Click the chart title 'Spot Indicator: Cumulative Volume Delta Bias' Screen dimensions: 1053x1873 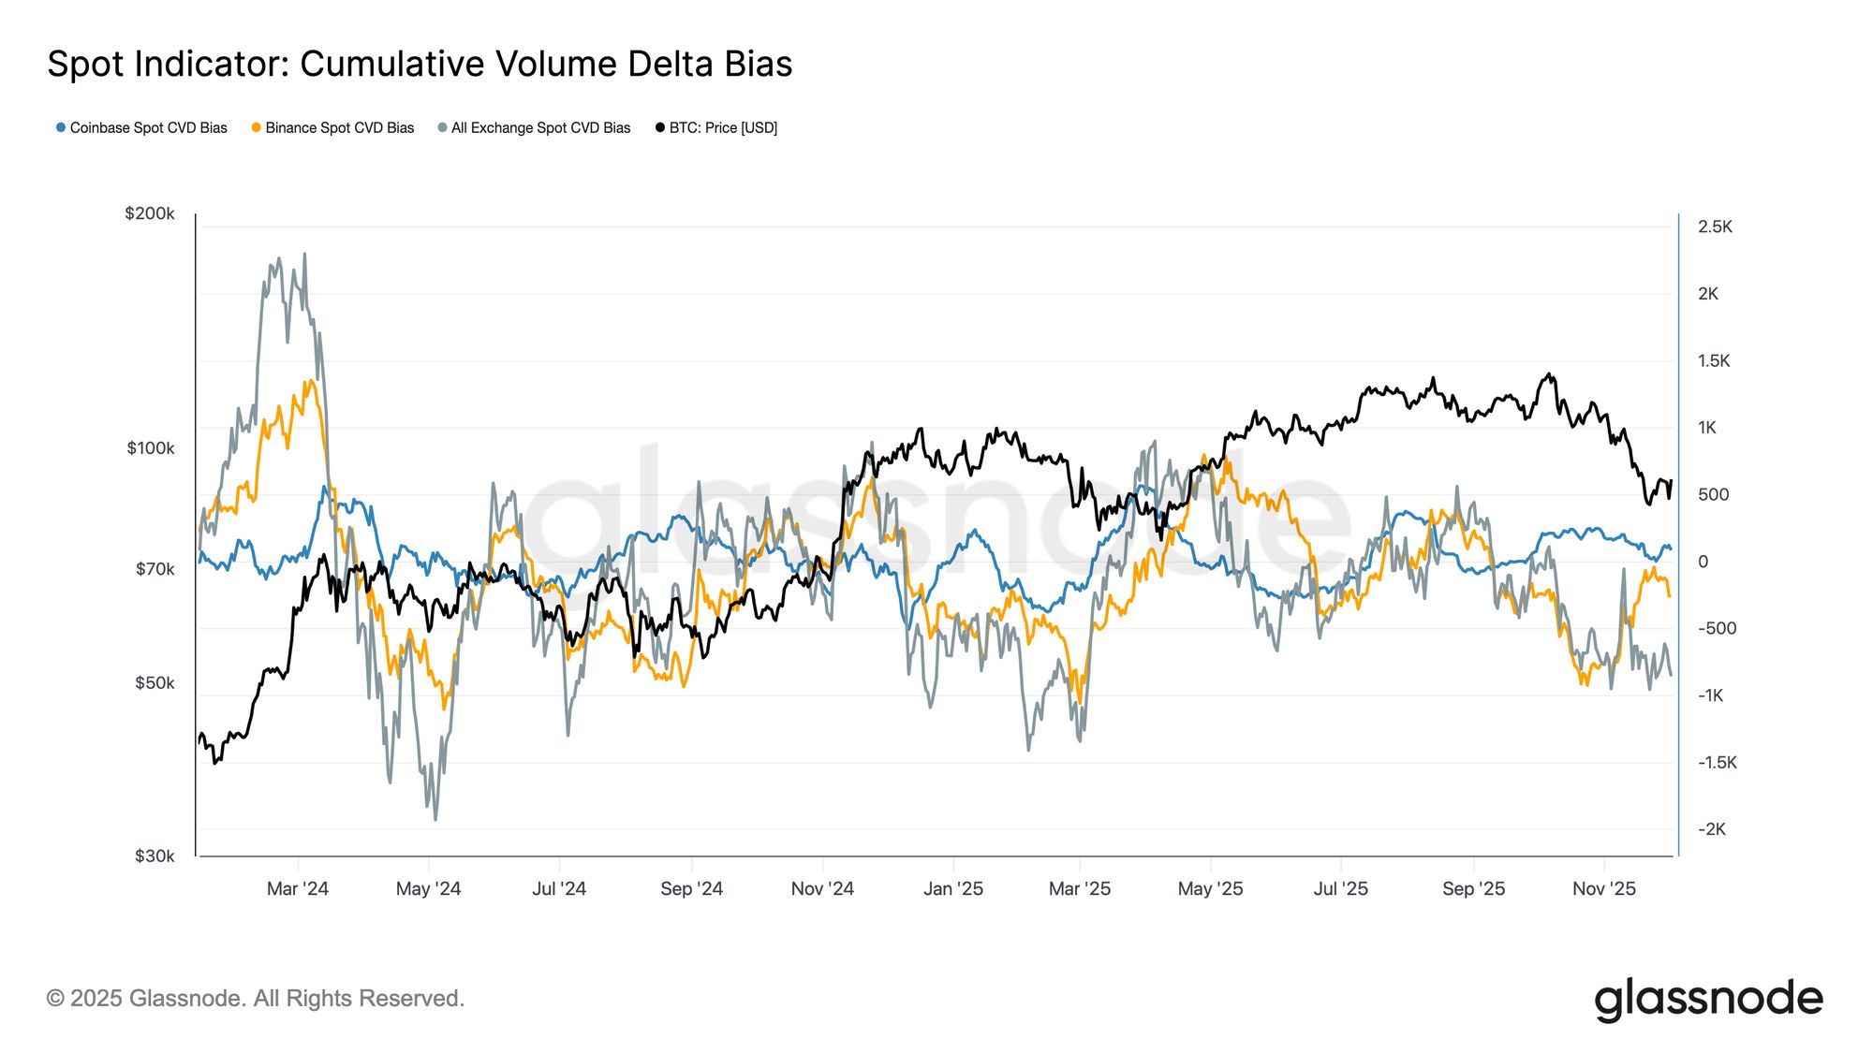click(420, 65)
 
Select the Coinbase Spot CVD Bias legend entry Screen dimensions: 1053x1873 click(141, 128)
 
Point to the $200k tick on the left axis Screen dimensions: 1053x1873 click(150, 213)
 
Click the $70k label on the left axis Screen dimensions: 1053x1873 click(155, 569)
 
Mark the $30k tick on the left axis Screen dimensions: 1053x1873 click(155, 856)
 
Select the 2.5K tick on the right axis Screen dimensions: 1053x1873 click(1715, 227)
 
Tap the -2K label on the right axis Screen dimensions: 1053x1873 click(1711, 829)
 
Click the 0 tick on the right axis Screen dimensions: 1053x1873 click(1703, 562)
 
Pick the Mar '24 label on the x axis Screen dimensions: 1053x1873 click(298, 888)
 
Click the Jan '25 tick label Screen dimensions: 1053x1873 click(953, 888)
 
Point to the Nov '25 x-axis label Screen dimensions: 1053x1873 click(1603, 888)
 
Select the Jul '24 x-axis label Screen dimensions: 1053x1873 click(559, 888)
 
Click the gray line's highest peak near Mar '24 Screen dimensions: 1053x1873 click(304, 254)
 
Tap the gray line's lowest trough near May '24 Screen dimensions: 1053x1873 click(435, 819)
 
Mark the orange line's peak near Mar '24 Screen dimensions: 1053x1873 click(311, 380)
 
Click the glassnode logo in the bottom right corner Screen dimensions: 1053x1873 click(1708, 999)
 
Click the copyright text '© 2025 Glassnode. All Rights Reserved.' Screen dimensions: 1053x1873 click(256, 999)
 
